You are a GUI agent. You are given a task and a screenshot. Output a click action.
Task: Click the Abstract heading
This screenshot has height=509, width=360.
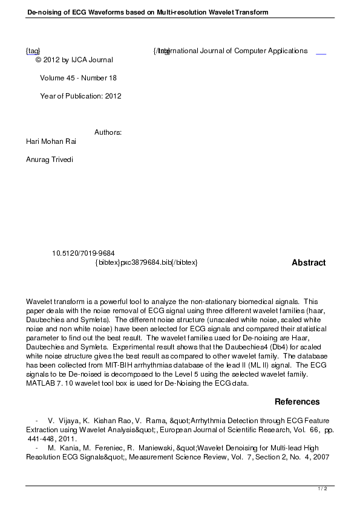(309, 263)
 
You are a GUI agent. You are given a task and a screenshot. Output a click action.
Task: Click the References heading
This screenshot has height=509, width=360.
(297, 402)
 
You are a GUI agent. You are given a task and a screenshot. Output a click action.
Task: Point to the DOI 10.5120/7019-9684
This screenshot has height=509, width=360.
(83, 253)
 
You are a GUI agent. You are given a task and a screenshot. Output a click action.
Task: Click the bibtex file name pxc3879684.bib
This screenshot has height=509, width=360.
(146, 263)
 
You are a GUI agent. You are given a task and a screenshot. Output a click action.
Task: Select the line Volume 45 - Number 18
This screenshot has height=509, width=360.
(78, 78)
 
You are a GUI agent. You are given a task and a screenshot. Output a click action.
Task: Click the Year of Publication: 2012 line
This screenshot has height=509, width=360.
(80, 96)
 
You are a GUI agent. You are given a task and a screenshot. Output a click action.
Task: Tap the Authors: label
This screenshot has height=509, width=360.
(108, 132)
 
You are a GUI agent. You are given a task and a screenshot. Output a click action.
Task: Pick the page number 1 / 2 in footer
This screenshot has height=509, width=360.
(322, 488)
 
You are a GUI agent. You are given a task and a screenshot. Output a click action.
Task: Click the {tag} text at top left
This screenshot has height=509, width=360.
(33, 51)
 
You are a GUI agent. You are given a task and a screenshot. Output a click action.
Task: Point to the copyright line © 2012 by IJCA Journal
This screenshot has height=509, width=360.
(74, 60)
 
